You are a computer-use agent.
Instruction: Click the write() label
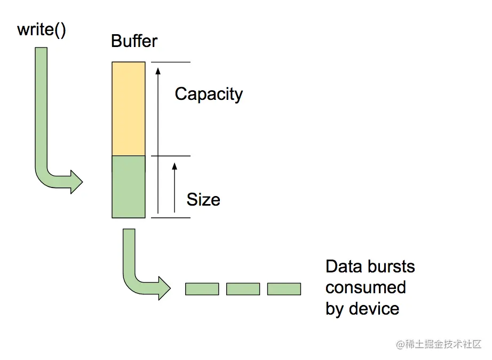(42, 29)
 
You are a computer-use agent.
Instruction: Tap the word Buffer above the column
(134, 41)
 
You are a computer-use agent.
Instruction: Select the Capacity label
(209, 94)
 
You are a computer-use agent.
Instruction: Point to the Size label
(203, 200)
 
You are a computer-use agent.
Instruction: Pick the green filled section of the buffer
(128, 187)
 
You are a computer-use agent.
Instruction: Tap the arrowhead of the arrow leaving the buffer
(164, 289)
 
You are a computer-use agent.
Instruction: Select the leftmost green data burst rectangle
(202, 289)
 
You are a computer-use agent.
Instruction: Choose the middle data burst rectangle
(243, 289)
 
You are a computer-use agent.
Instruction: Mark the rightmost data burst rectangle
(284, 289)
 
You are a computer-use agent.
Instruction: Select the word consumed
(366, 287)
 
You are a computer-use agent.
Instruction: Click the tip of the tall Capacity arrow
(157, 67)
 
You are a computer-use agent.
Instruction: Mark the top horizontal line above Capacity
(171, 62)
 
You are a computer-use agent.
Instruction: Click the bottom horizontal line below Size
(171, 217)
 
